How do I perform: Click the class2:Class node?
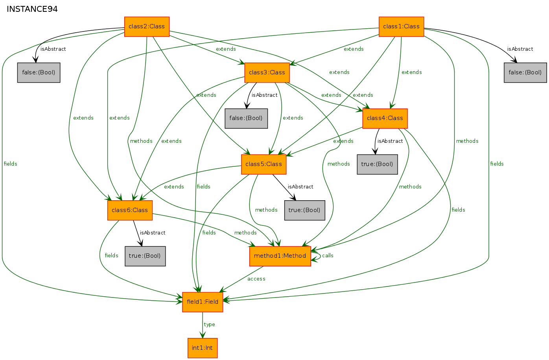point(147,27)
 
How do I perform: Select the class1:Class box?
point(401,27)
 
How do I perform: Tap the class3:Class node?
point(267,72)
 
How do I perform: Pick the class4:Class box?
point(385,118)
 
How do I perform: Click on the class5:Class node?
point(264,164)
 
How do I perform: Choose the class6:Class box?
point(130,210)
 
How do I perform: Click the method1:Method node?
point(280,256)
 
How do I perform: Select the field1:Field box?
point(203,302)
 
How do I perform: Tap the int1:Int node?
point(203,348)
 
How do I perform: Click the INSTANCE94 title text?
point(32,9)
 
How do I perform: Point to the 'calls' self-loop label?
point(328,255)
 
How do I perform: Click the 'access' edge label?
point(256,279)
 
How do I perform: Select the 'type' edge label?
point(209,325)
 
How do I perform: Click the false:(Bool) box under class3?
point(246,118)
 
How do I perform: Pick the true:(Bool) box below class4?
point(377,164)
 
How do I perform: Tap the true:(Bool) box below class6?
point(145,256)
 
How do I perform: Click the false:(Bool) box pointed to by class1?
point(525,72)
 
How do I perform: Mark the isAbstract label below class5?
point(300,187)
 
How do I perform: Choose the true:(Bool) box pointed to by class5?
point(305,210)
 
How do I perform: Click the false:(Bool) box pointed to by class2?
point(39,72)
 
